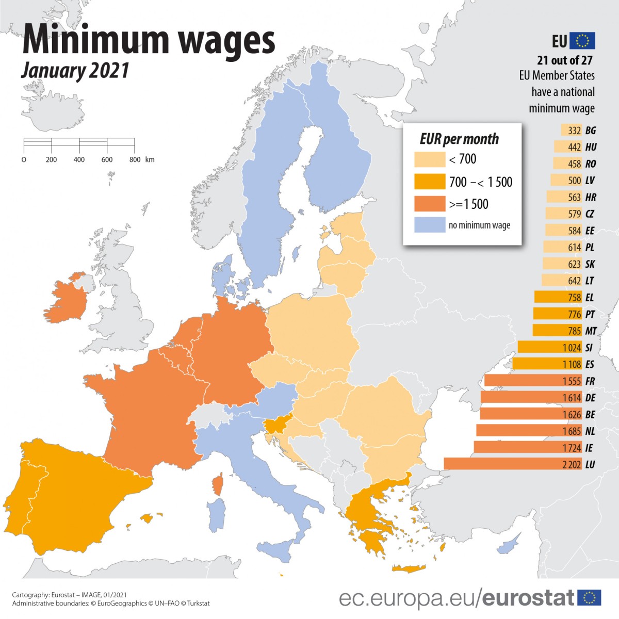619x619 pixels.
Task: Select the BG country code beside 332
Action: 591,131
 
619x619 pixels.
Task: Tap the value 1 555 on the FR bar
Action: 572,381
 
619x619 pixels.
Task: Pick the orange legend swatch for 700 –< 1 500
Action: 429,182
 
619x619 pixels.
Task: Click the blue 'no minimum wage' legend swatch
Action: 429,225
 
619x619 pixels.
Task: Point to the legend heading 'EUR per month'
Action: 459,139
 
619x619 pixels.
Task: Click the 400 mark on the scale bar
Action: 79,159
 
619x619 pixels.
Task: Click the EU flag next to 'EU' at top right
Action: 582,41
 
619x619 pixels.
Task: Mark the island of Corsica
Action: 217,485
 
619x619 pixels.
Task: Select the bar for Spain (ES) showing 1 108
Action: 547,364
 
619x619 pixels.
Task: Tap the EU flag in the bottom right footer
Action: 589,598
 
